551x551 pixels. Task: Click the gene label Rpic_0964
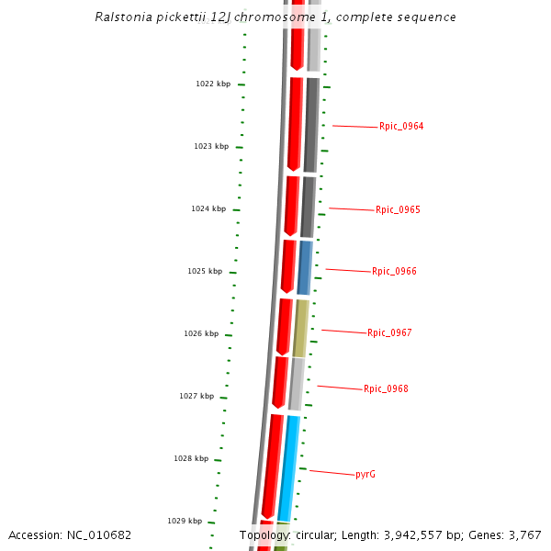(401, 127)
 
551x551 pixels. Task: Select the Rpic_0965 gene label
(398, 210)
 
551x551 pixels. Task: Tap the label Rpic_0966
(394, 272)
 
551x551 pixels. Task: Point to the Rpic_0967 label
(389, 333)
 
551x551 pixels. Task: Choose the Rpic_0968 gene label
(386, 389)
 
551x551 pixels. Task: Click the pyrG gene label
(365, 475)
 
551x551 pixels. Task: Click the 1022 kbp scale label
(212, 84)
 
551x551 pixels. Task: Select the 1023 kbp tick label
(210, 147)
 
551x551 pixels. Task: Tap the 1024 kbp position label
(208, 209)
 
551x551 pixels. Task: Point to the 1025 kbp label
(205, 272)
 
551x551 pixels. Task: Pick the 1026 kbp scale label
(201, 334)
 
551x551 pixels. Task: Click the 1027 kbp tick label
(197, 397)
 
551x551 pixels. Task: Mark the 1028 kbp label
(191, 459)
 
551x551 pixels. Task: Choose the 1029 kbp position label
(184, 521)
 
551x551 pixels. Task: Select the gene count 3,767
(523, 535)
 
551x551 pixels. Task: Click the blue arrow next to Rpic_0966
(305, 267)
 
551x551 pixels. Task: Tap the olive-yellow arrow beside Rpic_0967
(300, 328)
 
